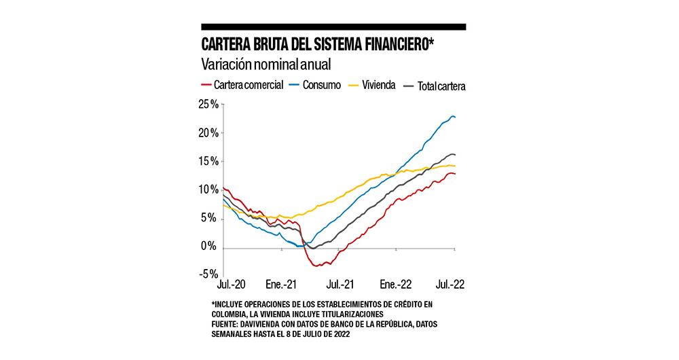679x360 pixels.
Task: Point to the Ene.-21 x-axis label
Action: [x=282, y=284]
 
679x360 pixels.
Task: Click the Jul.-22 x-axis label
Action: [x=452, y=284]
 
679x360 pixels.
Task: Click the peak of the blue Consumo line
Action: [x=452, y=116]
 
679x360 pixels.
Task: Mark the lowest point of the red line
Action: [x=316, y=266]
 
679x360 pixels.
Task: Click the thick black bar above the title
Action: [x=333, y=26]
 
